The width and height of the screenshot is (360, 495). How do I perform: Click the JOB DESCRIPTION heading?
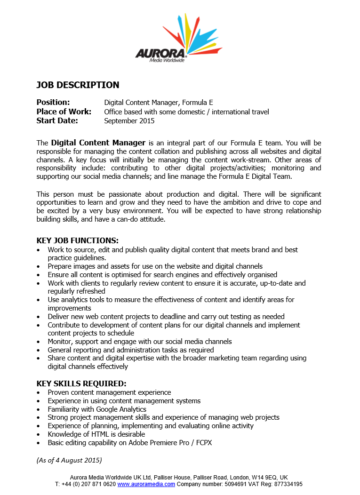pyautogui.click(x=78, y=85)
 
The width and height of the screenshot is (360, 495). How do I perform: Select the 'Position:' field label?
pyautogui.click(x=53, y=102)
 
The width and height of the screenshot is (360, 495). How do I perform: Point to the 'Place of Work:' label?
pyautogui.click(x=64, y=112)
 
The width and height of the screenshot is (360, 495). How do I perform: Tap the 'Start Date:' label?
pyautogui.click(x=57, y=120)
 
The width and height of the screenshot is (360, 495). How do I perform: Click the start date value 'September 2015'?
pyautogui.click(x=129, y=121)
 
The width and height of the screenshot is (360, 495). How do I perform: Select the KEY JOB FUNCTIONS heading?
pyautogui.click(x=78, y=240)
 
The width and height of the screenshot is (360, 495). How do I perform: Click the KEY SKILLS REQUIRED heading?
pyautogui.click(x=81, y=383)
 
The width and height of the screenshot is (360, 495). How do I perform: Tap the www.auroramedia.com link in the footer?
pyautogui.click(x=146, y=484)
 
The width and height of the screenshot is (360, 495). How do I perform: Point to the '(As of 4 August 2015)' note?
pyautogui.click(x=69, y=460)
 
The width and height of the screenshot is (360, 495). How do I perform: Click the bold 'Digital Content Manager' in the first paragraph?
pyautogui.click(x=98, y=143)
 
